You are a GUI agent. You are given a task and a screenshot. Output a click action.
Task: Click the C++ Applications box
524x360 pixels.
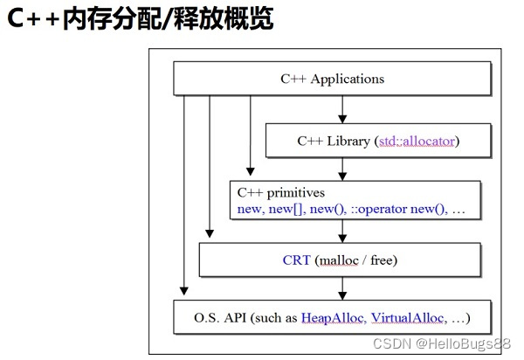coord(332,80)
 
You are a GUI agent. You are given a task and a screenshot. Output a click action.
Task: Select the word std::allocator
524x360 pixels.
coord(417,140)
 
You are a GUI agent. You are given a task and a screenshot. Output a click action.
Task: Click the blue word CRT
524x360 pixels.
coord(296,260)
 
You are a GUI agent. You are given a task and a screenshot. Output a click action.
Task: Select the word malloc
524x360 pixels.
coord(343,260)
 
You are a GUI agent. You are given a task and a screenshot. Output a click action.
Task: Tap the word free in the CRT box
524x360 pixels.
coord(383,260)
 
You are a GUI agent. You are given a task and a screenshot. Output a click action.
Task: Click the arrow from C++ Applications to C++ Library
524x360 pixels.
coord(342,108)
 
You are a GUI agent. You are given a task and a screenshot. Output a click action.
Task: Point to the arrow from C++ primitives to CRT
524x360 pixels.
coord(342,230)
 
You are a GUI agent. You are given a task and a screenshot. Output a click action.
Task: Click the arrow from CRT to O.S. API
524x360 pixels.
coord(342,287)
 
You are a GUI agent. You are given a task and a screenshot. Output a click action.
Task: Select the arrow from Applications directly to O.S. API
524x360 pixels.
coord(183,192)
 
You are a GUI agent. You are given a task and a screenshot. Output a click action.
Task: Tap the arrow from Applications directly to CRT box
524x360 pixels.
coord(210,166)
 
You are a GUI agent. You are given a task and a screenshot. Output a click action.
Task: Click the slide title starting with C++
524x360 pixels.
coord(141,19)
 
